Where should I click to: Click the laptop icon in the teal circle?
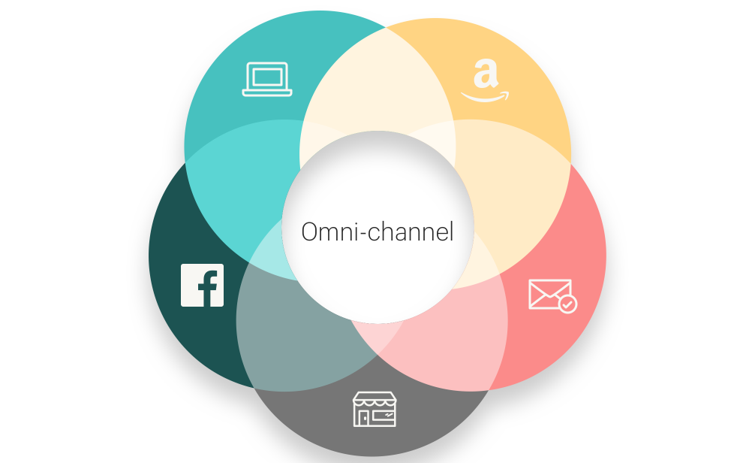pyautogui.click(x=267, y=79)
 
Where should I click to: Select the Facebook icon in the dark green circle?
pyautogui.click(x=203, y=286)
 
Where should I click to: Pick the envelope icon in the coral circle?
pyautogui.click(x=552, y=295)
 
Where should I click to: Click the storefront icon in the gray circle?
pyautogui.click(x=375, y=408)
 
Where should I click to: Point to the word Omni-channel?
pyautogui.click(x=378, y=231)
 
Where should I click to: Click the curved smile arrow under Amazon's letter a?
pyautogui.click(x=485, y=97)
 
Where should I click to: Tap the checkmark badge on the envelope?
pyautogui.click(x=568, y=304)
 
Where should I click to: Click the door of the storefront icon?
pyautogui.click(x=364, y=417)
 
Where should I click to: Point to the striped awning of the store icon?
pyautogui.click(x=375, y=399)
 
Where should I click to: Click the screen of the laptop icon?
pyautogui.click(x=267, y=76)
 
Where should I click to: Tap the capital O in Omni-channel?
pyautogui.click(x=310, y=231)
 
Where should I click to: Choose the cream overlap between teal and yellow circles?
pyautogui.click(x=375, y=83)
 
